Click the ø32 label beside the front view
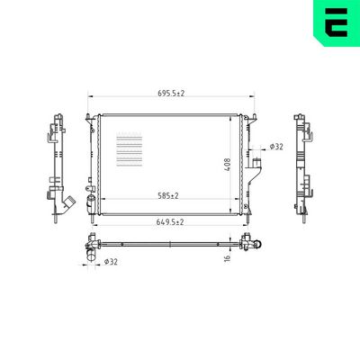276,146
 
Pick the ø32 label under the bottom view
110,262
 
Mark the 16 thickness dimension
229,258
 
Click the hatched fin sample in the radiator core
130,148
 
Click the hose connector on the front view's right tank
257,167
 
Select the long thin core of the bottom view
171,242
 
